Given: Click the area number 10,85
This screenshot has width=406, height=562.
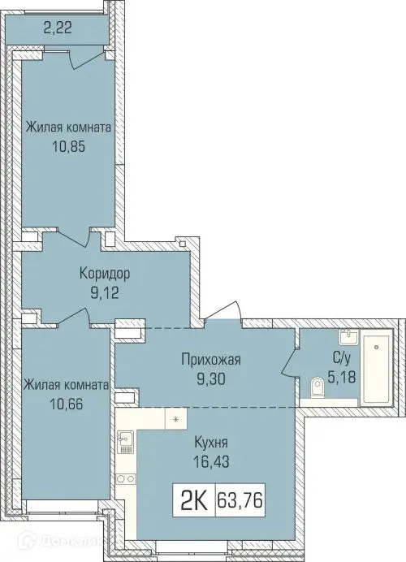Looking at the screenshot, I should [67, 149].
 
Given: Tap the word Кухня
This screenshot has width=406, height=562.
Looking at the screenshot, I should [210, 443].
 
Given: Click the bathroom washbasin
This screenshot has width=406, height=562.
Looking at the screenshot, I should [346, 336].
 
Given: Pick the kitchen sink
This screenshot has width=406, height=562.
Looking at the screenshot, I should [126, 440].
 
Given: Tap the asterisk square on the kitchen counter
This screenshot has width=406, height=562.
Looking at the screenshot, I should [176, 419].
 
